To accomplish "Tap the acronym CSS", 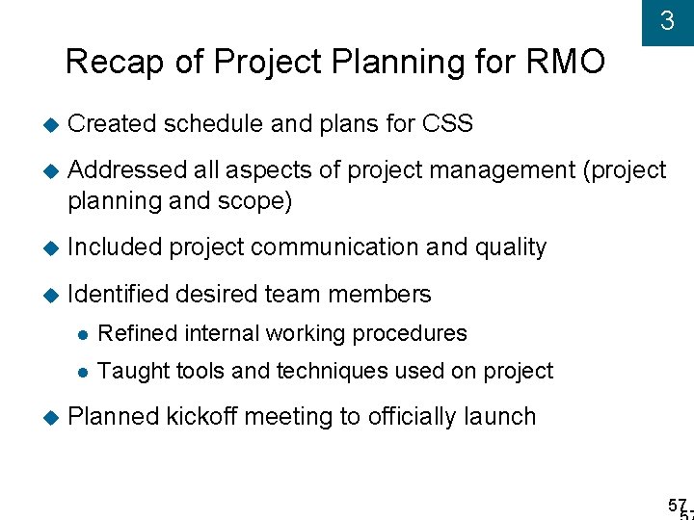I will [x=447, y=124].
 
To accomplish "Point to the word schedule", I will [x=214, y=124].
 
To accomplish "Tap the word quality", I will [x=510, y=247].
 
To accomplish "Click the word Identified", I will [x=118, y=294].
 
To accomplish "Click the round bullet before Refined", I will [x=84, y=334].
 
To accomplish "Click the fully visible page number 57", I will [x=677, y=505].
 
